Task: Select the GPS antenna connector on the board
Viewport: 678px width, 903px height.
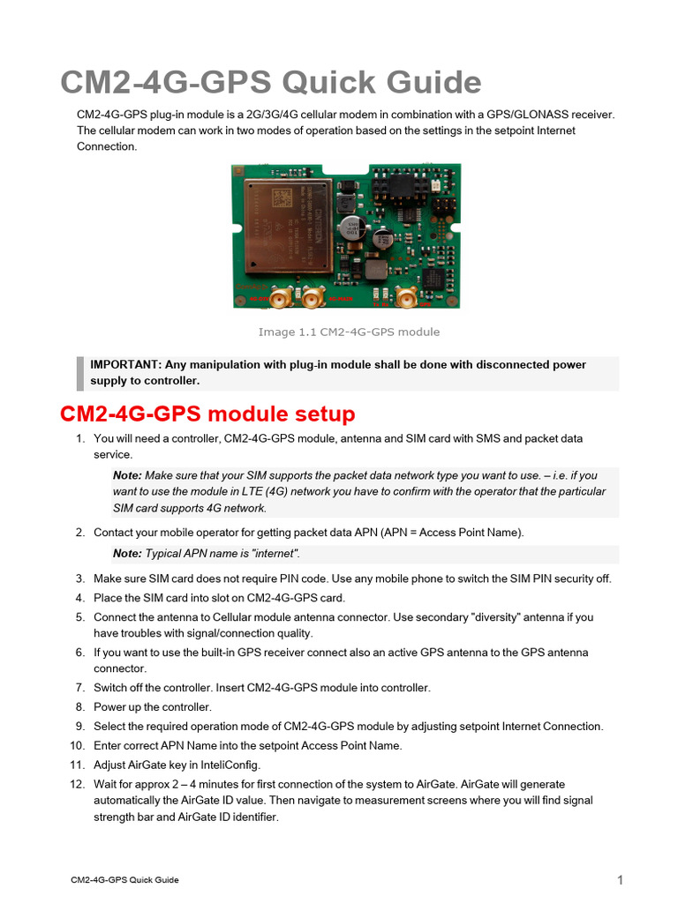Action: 407,298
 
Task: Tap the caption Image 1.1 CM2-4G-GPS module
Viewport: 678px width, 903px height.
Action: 348,332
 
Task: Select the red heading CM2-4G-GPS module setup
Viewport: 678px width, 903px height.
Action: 207,414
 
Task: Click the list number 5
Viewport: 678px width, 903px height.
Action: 79,617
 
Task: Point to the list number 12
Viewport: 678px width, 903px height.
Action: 77,784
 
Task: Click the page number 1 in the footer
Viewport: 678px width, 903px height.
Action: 620,880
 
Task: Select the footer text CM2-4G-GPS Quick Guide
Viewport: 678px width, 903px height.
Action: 124,880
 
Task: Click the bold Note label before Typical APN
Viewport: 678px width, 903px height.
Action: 127,554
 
